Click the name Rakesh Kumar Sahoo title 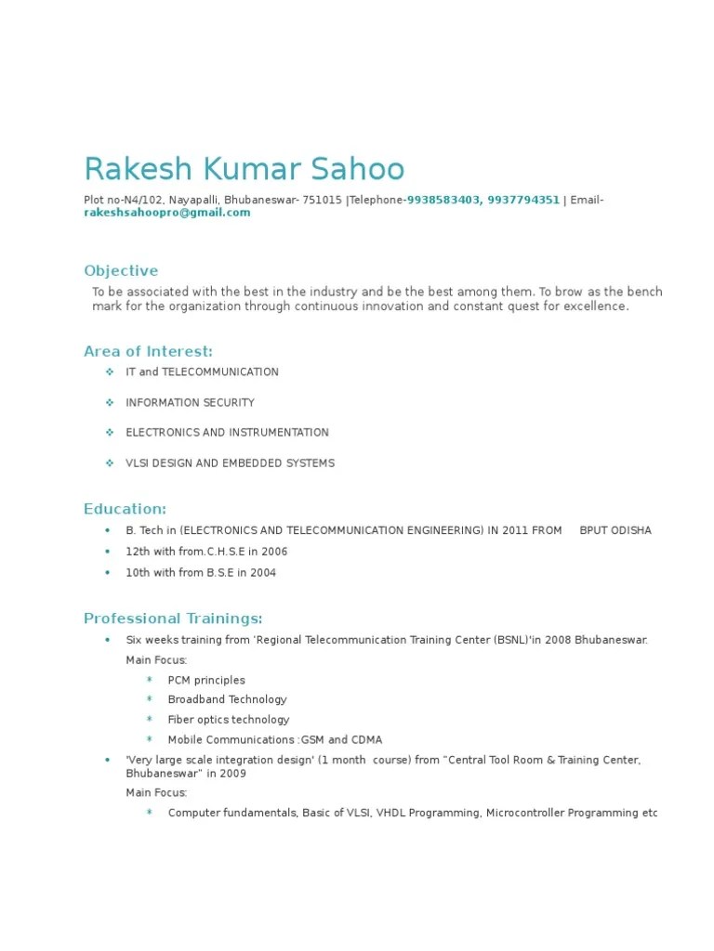coord(245,169)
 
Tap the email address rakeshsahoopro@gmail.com coord(167,213)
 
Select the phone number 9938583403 coord(443,200)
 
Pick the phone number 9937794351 coord(523,200)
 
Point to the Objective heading coord(121,271)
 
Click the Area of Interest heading coord(148,351)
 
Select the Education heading coord(126,509)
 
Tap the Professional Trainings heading coord(173,619)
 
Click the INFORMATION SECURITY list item coord(190,402)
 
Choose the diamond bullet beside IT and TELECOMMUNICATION coord(109,371)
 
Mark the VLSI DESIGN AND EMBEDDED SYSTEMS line coord(230,462)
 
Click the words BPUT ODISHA coord(615,530)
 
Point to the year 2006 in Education coord(274,552)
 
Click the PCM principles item coord(206,680)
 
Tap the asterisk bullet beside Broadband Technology coord(149,699)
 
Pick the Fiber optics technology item coord(228,720)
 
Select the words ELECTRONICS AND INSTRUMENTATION coord(227,433)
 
